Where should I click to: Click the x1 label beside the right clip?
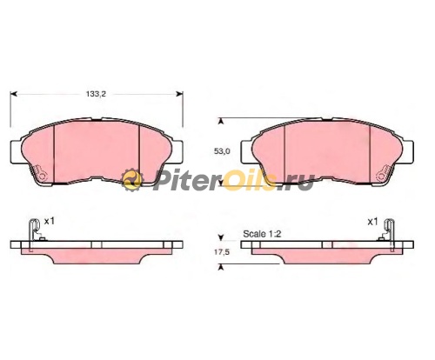point(372,222)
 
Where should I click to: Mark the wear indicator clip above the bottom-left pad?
point(33,229)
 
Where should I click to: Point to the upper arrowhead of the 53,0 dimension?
point(220,122)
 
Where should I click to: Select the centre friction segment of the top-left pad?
point(97,152)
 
